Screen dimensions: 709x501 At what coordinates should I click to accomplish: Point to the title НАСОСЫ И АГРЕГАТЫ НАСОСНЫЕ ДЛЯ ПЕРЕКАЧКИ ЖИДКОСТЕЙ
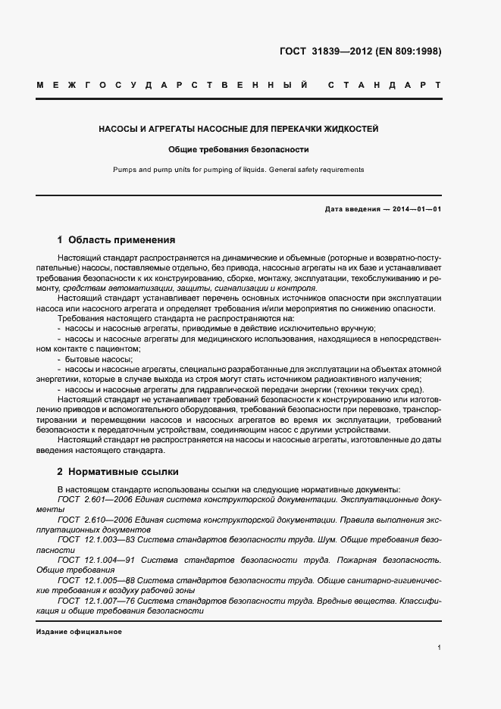pos(239,130)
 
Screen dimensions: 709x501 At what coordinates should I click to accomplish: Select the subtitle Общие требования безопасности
pos(239,149)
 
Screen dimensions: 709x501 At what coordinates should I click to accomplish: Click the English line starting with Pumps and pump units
pos(239,170)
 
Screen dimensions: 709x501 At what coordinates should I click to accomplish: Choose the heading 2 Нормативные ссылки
pos(117,471)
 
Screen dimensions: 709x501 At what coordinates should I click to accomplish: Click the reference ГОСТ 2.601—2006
pos(94,500)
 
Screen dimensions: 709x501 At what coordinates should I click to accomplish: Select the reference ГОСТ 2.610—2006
pos(94,520)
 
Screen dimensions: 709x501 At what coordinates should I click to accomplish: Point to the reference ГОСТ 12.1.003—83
pos(98,540)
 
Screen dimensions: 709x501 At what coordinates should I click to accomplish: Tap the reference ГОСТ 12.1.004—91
pos(98,560)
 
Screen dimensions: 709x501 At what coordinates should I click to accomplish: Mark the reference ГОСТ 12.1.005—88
pos(98,579)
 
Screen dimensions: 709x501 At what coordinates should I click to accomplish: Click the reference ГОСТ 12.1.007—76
pos(98,599)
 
